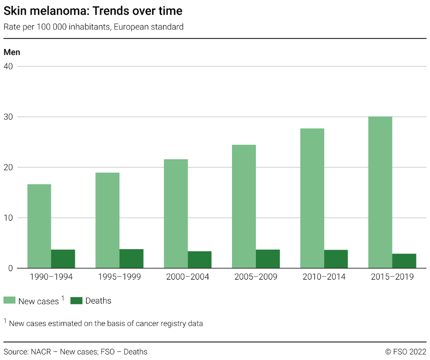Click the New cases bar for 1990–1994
pos(39,226)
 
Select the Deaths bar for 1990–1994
pos(63,259)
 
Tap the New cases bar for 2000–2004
pos(176,214)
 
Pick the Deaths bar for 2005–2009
pos(268,259)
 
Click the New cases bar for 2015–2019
pos(380,192)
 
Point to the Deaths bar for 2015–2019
pos(404,261)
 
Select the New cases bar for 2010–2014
pos(312,198)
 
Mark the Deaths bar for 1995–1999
pos(131,259)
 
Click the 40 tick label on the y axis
pos(8,66)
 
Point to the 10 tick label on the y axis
pos(8,218)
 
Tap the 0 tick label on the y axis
pos(10,268)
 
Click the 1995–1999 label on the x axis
pos(119,277)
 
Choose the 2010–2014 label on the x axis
pos(324,277)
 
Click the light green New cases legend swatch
pos(9,301)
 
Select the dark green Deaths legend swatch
pos(76,301)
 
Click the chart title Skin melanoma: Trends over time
pos(93,10)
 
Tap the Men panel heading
pos(12,52)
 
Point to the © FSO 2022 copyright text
pos(406,352)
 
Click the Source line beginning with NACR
pos(75,352)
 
